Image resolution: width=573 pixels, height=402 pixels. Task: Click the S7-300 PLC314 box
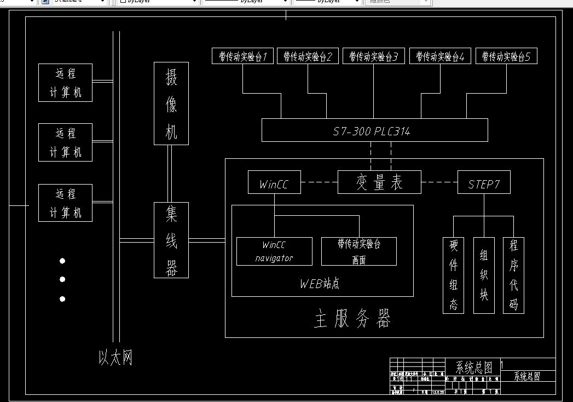click(x=371, y=130)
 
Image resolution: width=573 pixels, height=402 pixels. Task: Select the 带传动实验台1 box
click(x=242, y=56)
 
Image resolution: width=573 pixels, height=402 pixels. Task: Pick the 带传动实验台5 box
click(x=506, y=56)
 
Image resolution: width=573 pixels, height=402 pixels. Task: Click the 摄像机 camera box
click(x=171, y=104)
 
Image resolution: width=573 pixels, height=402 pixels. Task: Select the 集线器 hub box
click(x=171, y=240)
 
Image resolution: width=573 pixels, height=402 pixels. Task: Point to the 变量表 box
click(x=379, y=182)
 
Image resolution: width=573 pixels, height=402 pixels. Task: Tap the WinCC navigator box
click(x=274, y=251)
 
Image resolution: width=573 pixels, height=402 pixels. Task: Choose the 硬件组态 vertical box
click(x=453, y=275)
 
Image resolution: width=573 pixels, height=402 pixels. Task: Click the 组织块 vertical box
click(x=484, y=275)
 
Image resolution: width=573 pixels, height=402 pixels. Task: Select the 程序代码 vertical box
click(x=513, y=275)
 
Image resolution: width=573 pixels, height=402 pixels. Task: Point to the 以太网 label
click(x=115, y=358)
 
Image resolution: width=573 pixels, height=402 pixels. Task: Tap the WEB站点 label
click(x=320, y=284)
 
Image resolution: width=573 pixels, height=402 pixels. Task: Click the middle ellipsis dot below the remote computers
click(x=62, y=279)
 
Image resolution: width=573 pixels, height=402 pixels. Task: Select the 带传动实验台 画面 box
click(x=358, y=251)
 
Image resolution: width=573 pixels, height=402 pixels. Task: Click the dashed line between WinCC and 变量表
click(x=320, y=182)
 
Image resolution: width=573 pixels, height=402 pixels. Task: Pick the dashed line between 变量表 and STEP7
click(x=439, y=182)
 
